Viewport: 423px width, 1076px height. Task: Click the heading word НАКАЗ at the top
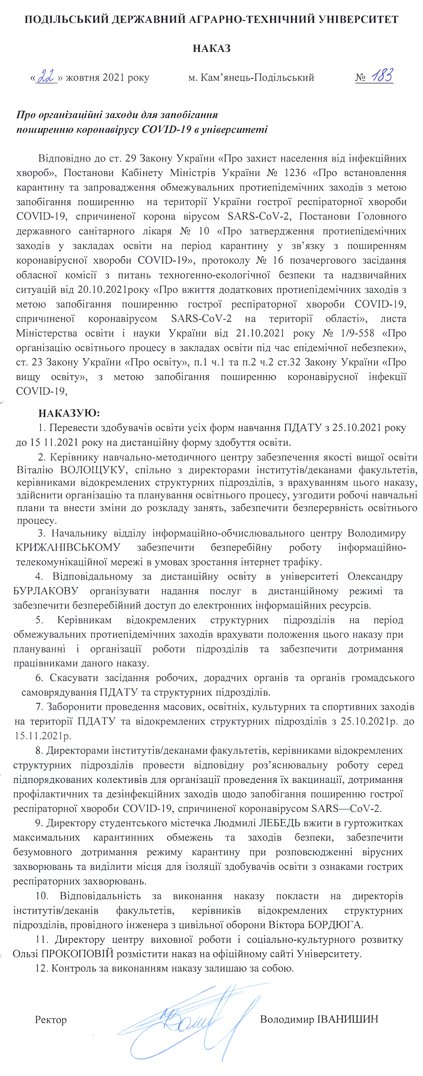pyautogui.click(x=211, y=49)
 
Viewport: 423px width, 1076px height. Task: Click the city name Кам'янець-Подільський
pyautogui.click(x=257, y=78)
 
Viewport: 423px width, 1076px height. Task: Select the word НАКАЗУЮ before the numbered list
pyautogui.click(x=69, y=413)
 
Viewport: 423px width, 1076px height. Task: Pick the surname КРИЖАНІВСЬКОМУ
pyautogui.click(x=68, y=547)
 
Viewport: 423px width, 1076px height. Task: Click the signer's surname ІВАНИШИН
pyautogui.click(x=348, y=1019)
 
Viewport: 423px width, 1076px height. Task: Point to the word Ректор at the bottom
pyautogui.click(x=50, y=1020)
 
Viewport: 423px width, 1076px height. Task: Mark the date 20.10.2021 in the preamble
pyautogui.click(x=103, y=289)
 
